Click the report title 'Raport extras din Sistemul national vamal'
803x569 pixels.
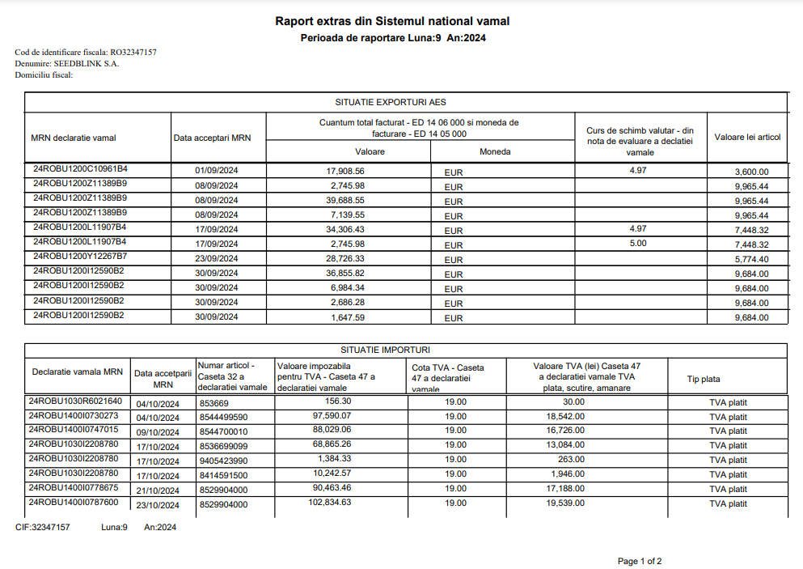392,21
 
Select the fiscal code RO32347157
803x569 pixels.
133,53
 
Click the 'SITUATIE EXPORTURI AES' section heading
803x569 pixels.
391,103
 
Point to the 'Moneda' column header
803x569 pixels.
495,151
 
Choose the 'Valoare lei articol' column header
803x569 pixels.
747,137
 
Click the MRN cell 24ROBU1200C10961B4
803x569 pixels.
80,169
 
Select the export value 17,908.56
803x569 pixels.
345,172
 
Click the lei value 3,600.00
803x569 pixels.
751,172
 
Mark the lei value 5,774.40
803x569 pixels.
751,259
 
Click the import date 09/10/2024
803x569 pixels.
158,432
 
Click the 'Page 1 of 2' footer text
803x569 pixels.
640,561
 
